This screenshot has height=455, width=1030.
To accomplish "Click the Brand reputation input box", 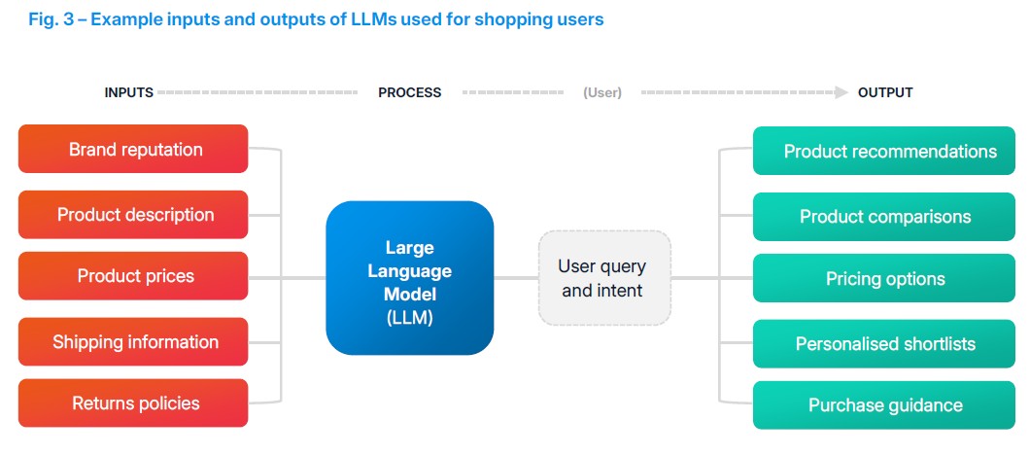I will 133,150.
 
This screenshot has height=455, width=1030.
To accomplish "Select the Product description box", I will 133,215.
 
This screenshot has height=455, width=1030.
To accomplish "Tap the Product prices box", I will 133,276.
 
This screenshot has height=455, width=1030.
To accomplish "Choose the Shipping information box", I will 133,342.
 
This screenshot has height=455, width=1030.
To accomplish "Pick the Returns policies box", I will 133,403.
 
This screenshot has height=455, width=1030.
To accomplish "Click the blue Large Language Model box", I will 409,277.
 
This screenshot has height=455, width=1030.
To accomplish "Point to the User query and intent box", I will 603,278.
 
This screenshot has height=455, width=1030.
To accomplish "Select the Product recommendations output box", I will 889,152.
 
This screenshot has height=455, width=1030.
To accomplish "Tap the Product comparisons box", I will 884,217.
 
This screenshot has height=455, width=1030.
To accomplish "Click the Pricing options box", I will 884,279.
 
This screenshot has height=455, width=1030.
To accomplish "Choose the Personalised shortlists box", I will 884,343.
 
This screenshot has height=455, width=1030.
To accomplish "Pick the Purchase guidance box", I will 884,405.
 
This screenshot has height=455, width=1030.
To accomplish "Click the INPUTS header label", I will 128,93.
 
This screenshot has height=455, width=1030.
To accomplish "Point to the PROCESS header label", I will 409,93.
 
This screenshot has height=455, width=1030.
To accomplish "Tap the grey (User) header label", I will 602,93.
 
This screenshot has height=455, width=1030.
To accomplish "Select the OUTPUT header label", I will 884,93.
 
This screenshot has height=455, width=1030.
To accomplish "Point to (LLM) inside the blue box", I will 409,317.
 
